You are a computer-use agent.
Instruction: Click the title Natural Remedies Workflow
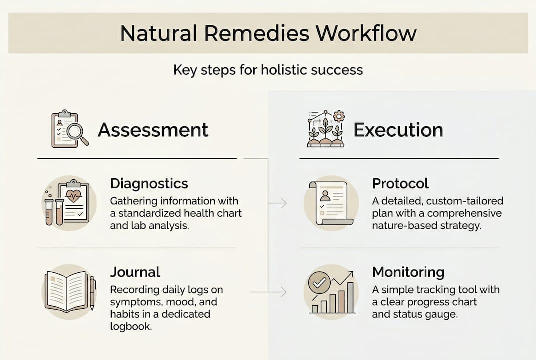pos(268,33)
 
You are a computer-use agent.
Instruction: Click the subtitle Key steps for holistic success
pos(268,69)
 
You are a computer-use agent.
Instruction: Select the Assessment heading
pos(153,130)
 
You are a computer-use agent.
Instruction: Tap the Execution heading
pos(398,130)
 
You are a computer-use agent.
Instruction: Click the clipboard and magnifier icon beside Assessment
pos(70,129)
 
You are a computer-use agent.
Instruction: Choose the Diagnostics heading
pos(149,183)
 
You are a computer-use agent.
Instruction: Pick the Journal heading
pos(135,272)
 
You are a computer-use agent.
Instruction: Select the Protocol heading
pos(400,183)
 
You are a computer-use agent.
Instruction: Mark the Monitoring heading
pos(408,272)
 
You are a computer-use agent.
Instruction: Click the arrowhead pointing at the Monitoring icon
pos(285,291)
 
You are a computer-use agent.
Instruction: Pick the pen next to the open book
pos(92,293)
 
